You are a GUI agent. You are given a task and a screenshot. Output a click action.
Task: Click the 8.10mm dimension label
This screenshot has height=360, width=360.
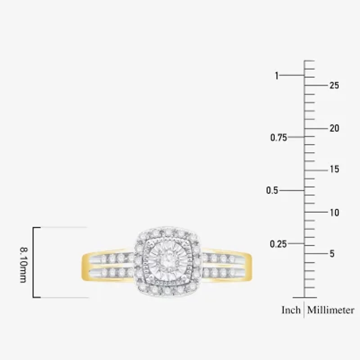(24, 265)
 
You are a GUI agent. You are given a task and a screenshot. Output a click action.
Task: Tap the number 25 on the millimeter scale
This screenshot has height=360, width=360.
(334, 85)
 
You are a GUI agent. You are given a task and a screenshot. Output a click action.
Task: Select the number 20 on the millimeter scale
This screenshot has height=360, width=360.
(334, 128)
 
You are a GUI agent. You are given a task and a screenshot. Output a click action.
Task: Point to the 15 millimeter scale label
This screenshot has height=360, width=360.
(334, 170)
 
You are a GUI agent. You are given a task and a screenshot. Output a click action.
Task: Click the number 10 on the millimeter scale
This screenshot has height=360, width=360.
(334, 213)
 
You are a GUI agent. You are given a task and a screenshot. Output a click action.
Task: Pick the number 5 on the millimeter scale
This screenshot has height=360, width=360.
(332, 254)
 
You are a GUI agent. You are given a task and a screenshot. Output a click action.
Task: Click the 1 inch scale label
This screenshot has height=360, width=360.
(277, 76)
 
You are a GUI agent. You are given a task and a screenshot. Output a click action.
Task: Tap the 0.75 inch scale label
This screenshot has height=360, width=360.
(279, 138)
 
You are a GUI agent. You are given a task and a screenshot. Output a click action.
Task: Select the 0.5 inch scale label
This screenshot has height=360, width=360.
(272, 190)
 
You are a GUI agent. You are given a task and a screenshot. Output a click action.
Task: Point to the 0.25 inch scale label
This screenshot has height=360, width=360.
(278, 244)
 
